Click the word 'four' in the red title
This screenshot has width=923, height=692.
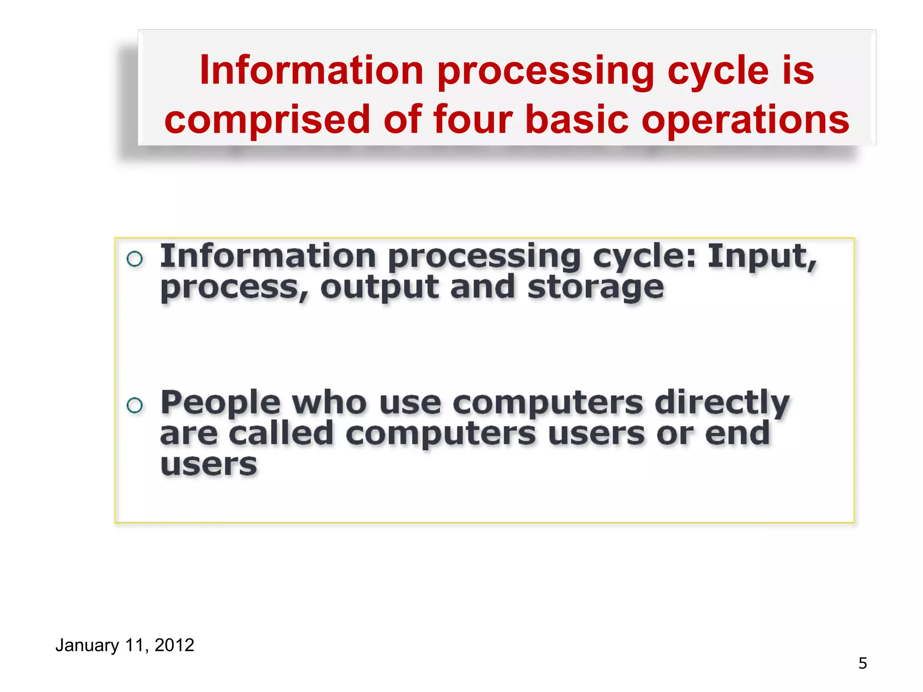473,119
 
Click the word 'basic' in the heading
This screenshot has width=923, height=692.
577,119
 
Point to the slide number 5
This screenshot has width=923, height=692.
862,664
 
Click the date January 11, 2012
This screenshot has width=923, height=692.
124,645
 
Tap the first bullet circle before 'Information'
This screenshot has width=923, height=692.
135,259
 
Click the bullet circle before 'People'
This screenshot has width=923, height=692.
135,405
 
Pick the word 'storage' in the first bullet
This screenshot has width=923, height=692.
595,289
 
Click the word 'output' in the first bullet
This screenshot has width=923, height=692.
379,289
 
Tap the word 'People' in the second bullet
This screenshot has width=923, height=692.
220,404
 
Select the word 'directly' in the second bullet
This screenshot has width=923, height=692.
722,404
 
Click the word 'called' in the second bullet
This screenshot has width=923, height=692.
281,433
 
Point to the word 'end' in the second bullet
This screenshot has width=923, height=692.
737,433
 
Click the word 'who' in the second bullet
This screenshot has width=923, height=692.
329,403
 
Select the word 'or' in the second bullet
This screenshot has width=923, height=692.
675,434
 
